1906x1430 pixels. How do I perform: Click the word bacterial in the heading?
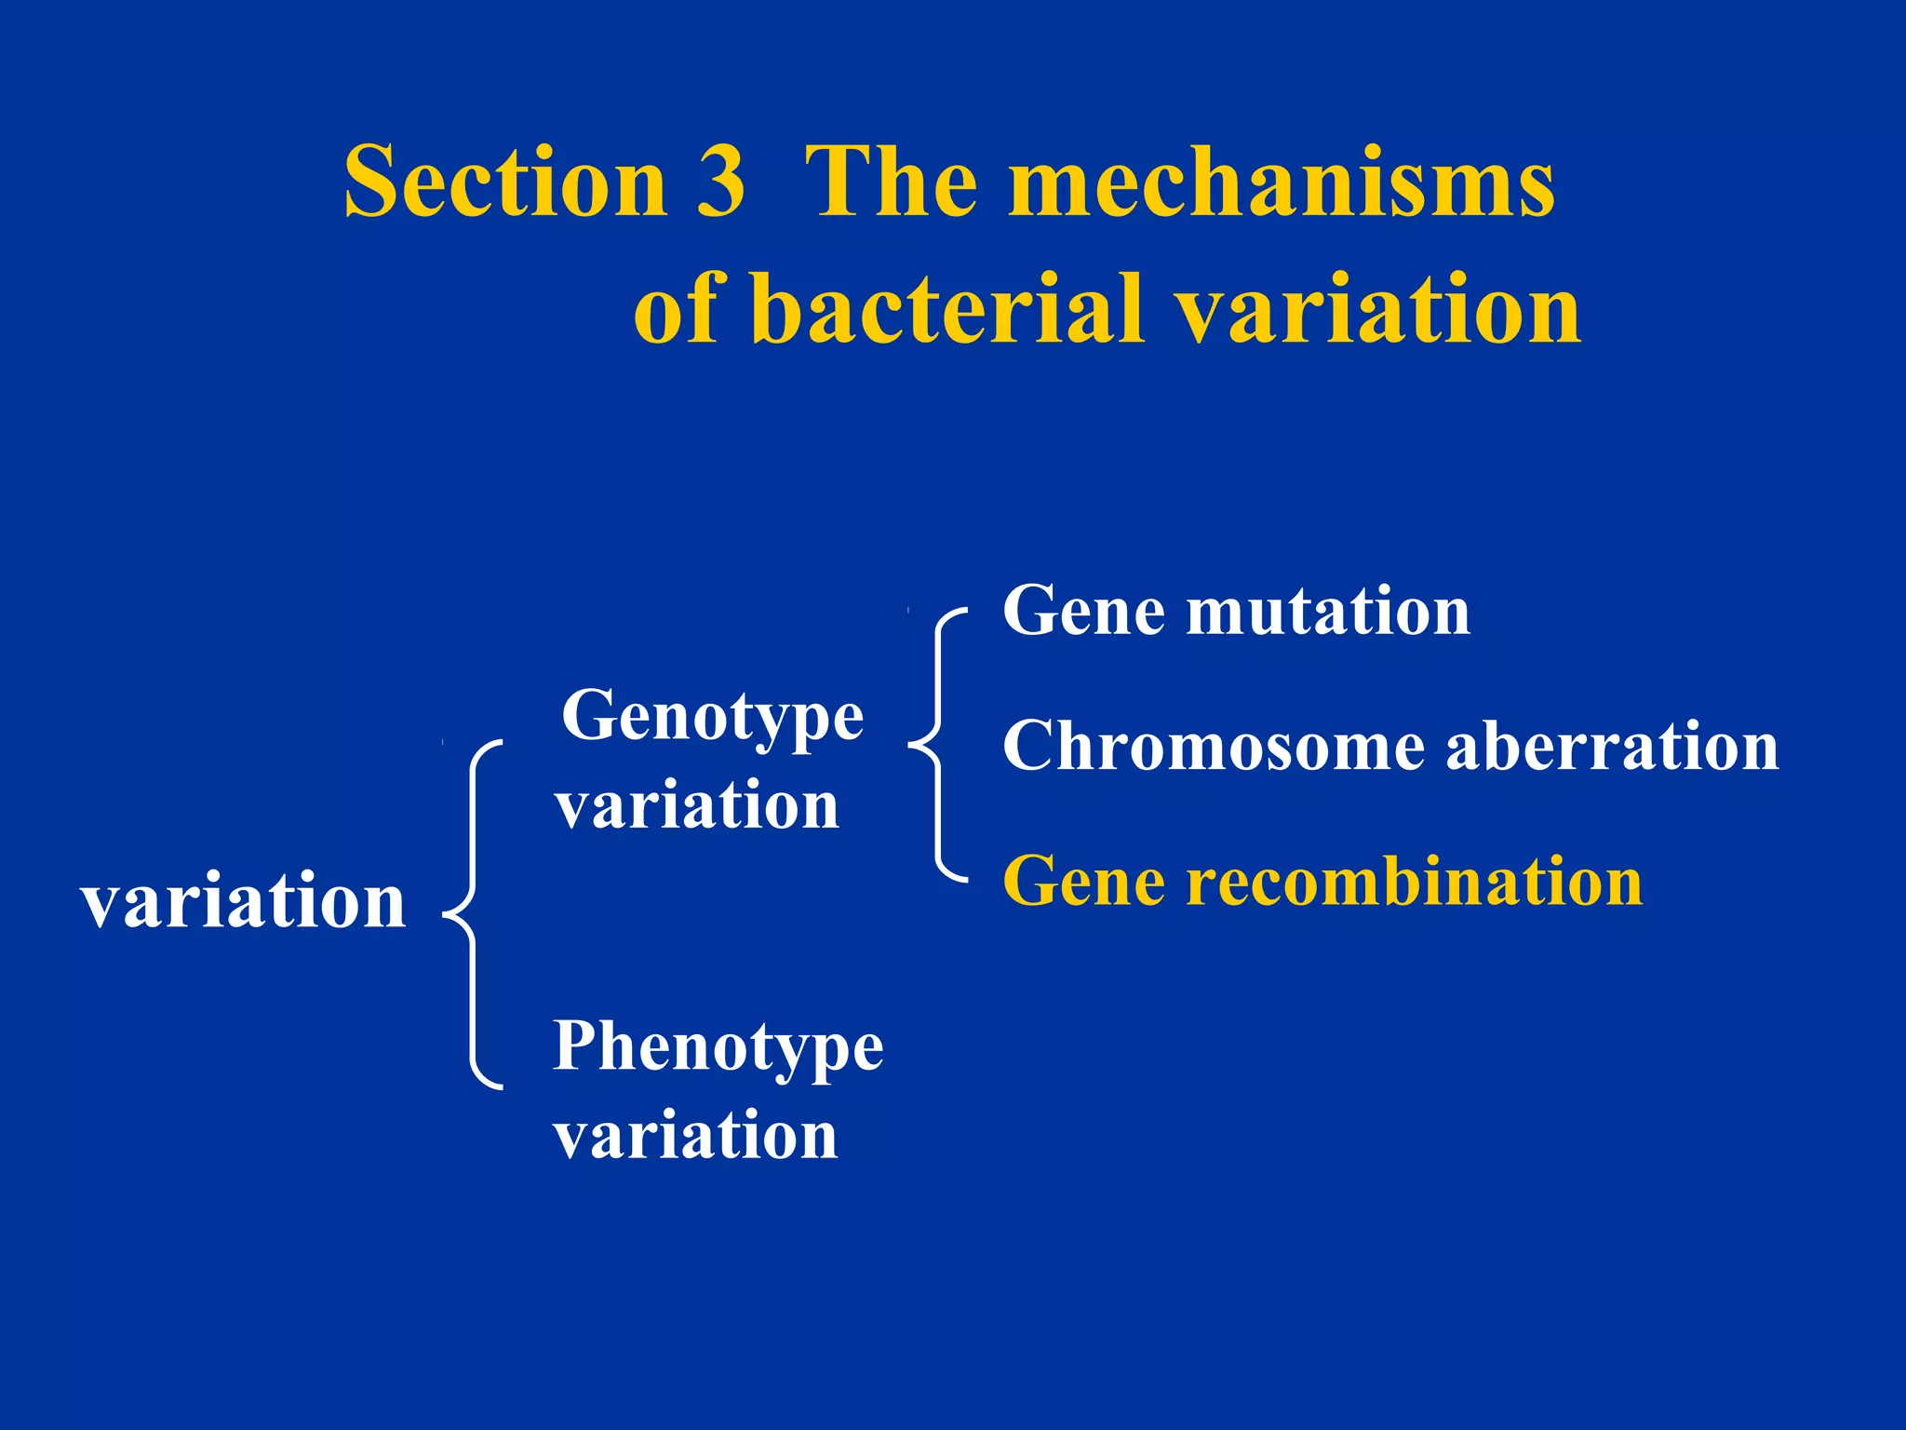(x=946, y=309)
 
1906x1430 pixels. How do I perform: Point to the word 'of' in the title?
(x=675, y=309)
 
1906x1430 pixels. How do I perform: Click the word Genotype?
(x=713, y=718)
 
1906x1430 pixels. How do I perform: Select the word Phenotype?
(x=718, y=1048)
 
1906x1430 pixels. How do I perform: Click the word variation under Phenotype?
(x=695, y=1136)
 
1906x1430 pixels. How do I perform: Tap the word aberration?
(x=1612, y=747)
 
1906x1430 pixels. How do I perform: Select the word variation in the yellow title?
(x=1377, y=309)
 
